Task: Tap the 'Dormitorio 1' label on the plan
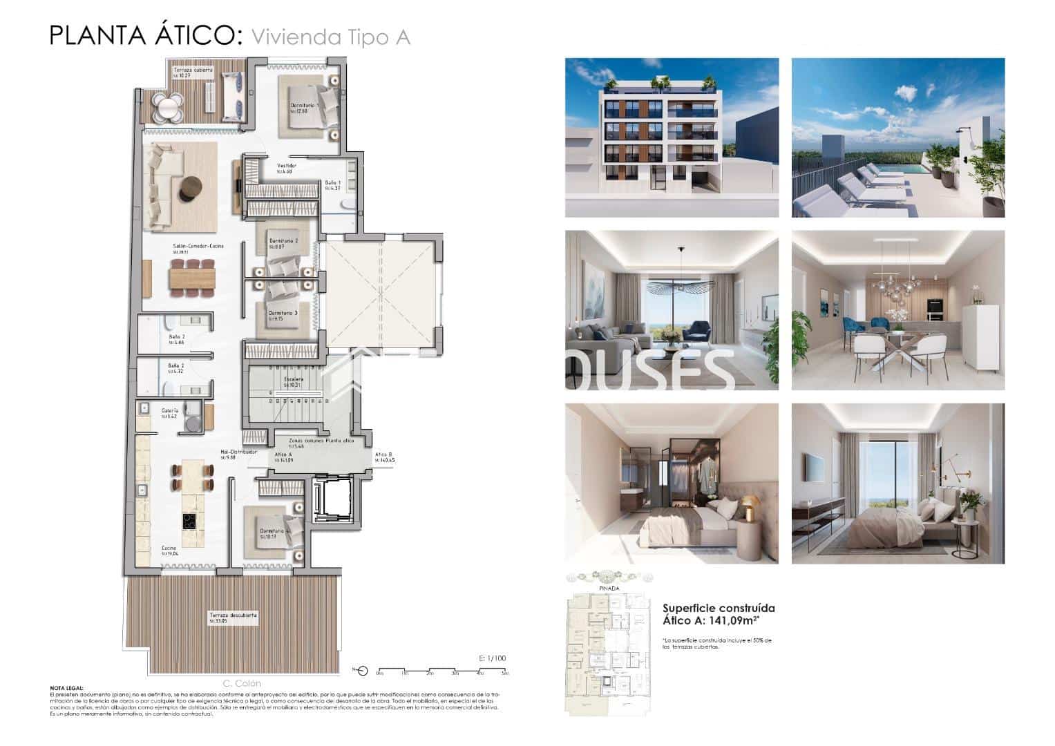(x=303, y=106)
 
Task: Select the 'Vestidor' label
(x=287, y=166)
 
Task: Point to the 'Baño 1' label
(x=333, y=182)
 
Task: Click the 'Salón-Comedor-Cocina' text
(x=198, y=246)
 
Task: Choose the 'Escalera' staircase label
(x=293, y=379)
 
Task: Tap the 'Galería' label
(x=170, y=410)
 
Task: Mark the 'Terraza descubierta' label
(x=234, y=615)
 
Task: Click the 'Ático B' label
(x=383, y=455)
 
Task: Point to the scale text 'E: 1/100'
(x=492, y=658)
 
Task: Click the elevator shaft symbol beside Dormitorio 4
(x=332, y=502)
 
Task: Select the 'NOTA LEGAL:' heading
(x=67, y=688)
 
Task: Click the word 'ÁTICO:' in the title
(x=194, y=35)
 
